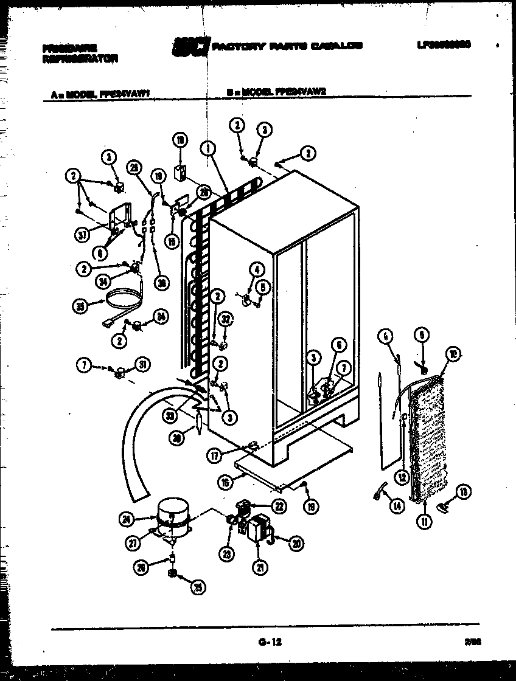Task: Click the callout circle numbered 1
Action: pyautogui.click(x=208, y=147)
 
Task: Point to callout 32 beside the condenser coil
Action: pyautogui.click(x=225, y=317)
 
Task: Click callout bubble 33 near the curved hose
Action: pyautogui.click(x=170, y=415)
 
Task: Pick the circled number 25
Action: pyautogui.click(x=197, y=587)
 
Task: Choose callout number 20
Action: pyautogui.click(x=297, y=544)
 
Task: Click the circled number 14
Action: pyautogui.click(x=398, y=506)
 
